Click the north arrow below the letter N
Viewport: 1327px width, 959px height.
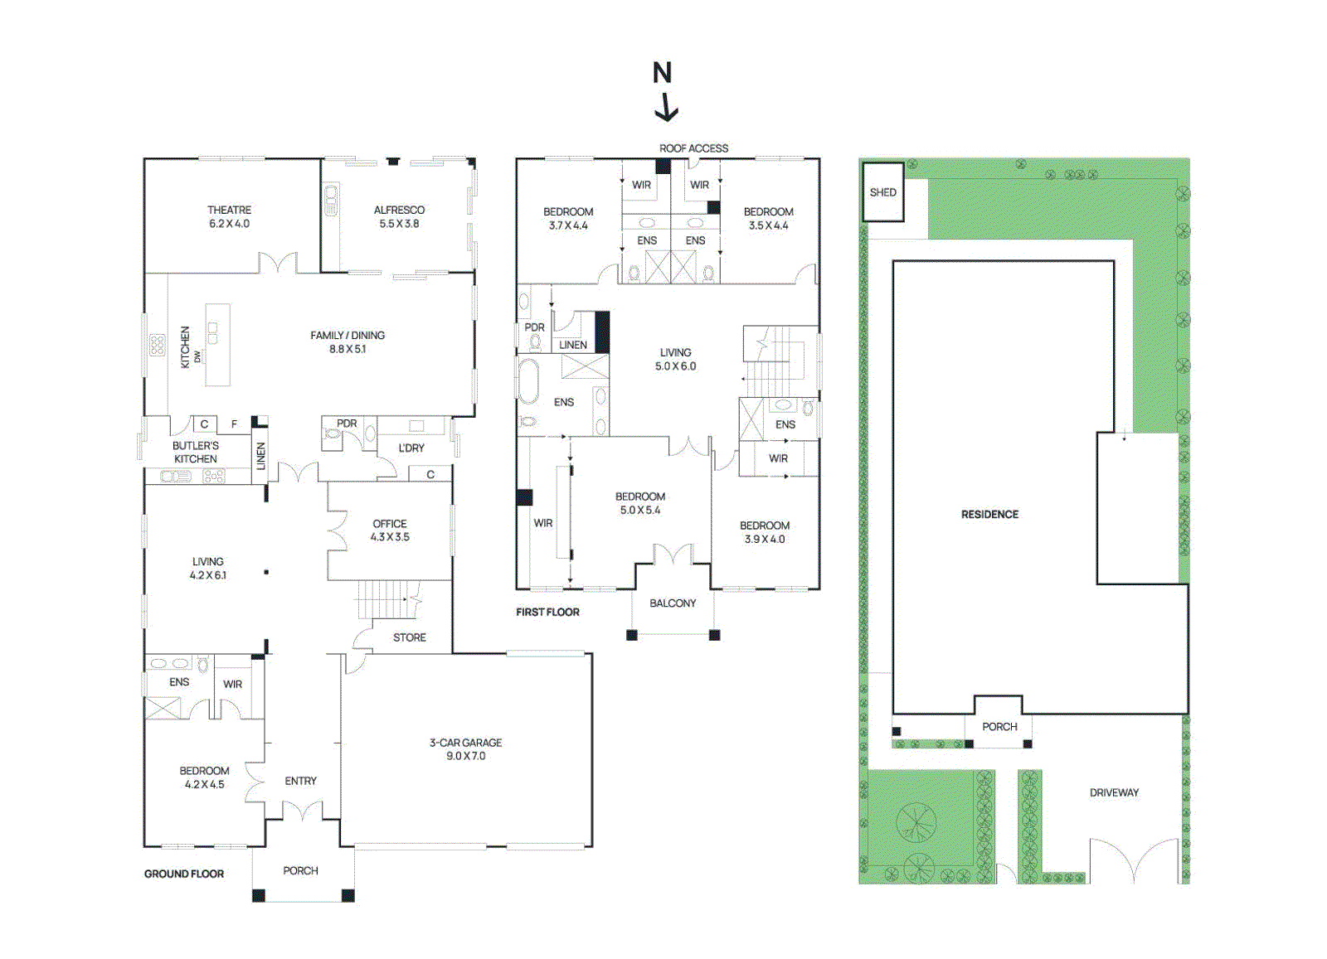666,109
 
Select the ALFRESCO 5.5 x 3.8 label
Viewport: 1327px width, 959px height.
399,217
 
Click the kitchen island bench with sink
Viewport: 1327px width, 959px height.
217,344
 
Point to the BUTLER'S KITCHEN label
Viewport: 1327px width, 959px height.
196,452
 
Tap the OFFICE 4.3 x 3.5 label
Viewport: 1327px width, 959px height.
390,530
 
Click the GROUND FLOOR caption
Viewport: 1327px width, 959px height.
184,874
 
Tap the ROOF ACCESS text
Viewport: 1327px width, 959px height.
693,148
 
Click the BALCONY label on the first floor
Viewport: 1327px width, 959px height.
673,603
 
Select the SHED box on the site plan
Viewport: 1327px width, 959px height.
882,192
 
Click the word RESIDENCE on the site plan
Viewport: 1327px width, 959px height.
989,515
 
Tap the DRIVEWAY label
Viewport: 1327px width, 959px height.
1114,792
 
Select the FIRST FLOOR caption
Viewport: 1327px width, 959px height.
547,612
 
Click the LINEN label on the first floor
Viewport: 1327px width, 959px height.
573,345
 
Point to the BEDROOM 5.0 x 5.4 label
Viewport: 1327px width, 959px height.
640,503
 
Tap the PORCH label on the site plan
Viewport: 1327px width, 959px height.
999,727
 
